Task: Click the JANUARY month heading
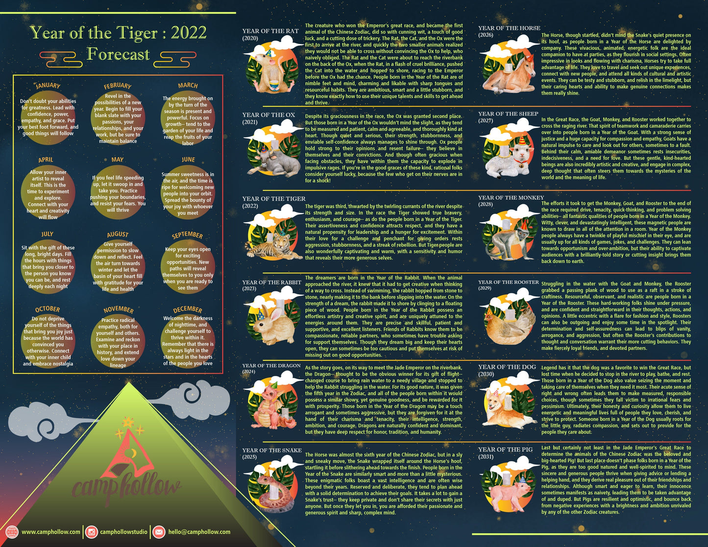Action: [48, 86]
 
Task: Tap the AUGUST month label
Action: [118, 235]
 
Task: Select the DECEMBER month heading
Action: [188, 309]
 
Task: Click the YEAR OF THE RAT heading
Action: [270, 31]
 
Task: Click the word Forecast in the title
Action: [118, 54]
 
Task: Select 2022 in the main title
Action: [189, 33]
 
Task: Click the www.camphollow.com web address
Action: [51, 532]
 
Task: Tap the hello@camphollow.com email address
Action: [199, 532]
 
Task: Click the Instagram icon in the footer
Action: [91, 532]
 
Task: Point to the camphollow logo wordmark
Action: [126, 486]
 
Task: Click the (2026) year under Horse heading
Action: [486, 35]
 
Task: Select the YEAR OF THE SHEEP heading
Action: [508, 114]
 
